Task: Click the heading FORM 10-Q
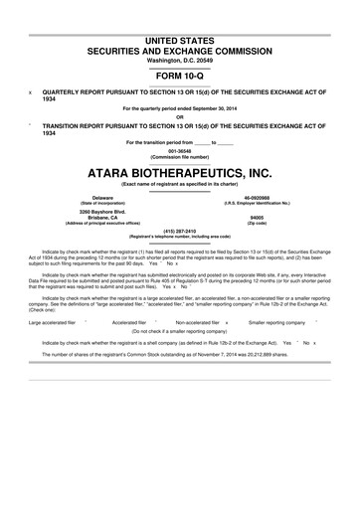click(x=179, y=75)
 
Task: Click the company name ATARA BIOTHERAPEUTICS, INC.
click(x=179, y=172)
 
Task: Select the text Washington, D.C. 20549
click(x=179, y=60)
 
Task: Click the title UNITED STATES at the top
click(x=179, y=38)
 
